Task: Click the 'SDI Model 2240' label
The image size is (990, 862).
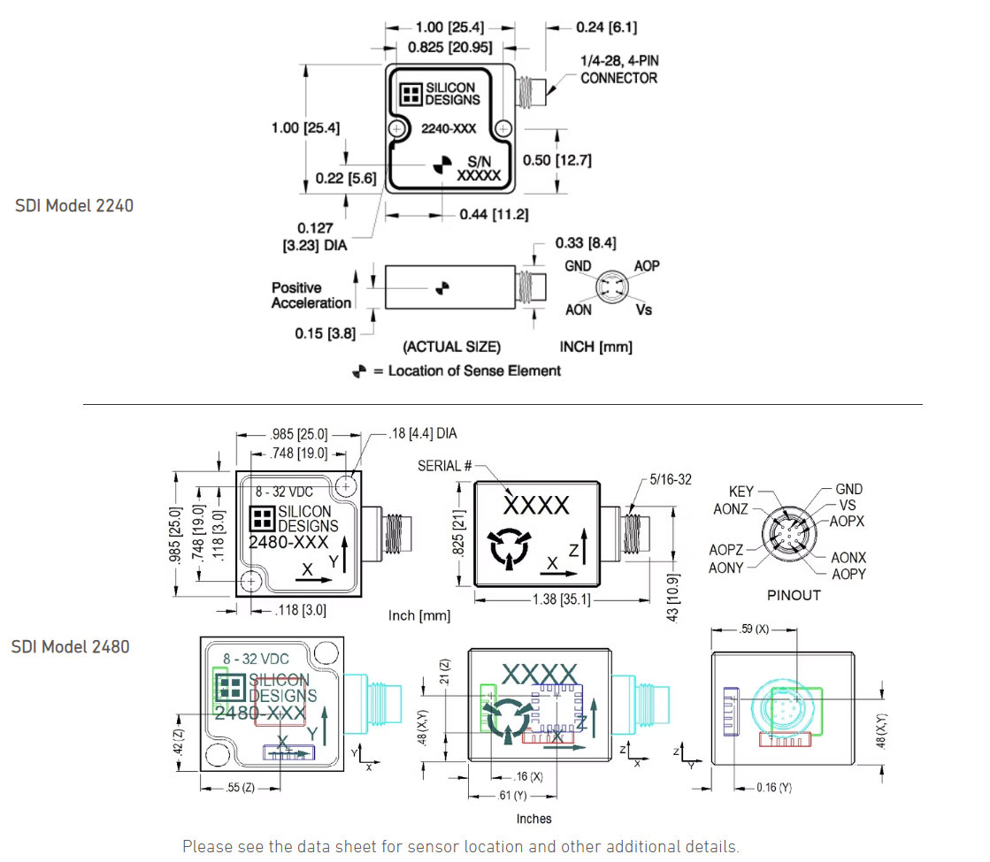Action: (74, 205)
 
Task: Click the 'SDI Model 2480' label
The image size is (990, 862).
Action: (70, 646)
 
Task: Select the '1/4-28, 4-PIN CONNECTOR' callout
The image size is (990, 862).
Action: (618, 69)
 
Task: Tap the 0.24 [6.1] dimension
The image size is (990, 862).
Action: (606, 27)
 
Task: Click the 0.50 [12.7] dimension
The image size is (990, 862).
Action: (556, 160)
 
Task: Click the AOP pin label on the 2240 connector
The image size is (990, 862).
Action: (647, 266)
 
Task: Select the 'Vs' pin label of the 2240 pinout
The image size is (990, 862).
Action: (643, 310)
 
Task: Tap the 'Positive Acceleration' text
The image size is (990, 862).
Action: (311, 295)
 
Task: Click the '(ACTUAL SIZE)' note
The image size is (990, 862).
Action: (451, 347)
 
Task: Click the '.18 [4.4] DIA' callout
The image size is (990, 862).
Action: (423, 434)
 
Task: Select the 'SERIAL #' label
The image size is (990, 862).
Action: (445, 466)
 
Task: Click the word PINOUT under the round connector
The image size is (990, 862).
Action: (794, 595)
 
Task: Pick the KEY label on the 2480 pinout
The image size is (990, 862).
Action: (741, 492)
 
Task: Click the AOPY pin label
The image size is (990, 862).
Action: (848, 575)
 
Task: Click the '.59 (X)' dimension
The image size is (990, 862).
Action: (754, 630)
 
